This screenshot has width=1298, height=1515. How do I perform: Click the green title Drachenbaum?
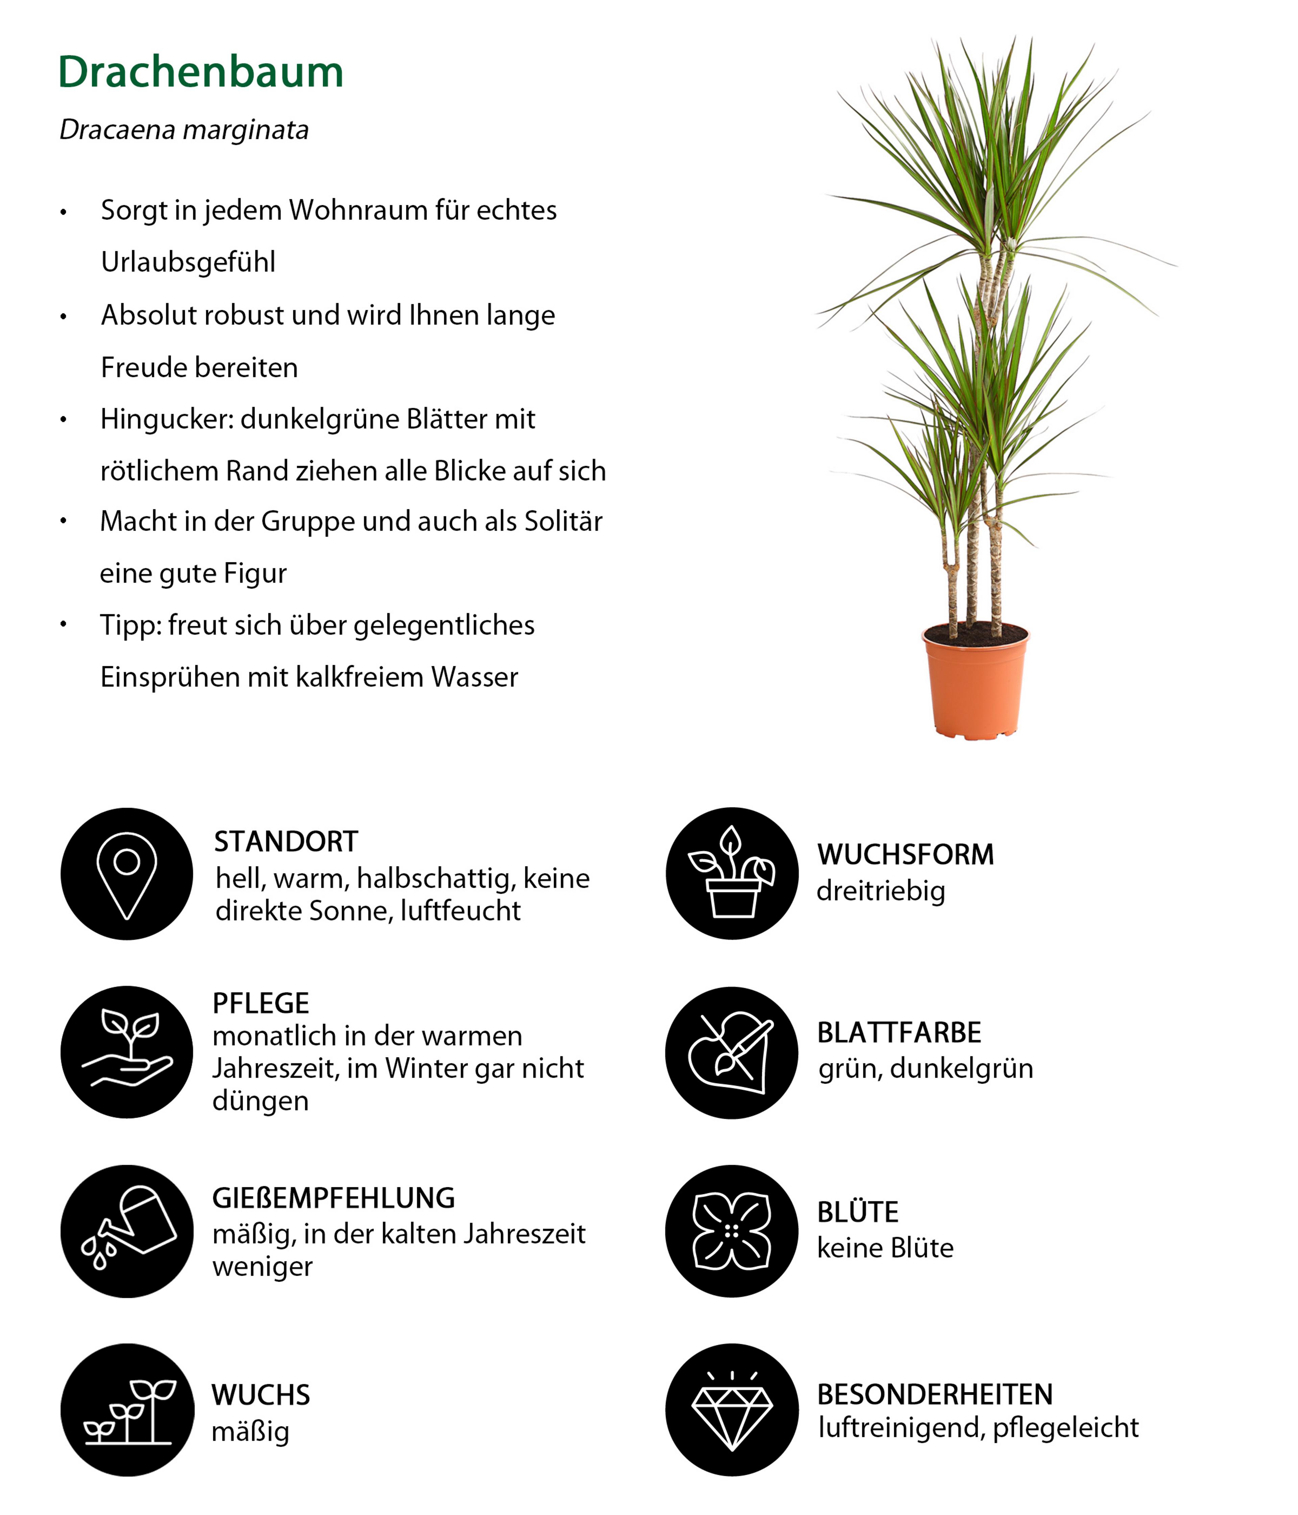(x=200, y=72)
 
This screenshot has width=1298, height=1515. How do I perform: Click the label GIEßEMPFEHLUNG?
(x=333, y=1198)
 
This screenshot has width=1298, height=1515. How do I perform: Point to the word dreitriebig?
(x=881, y=891)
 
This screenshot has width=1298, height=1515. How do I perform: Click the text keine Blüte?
(x=885, y=1248)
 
